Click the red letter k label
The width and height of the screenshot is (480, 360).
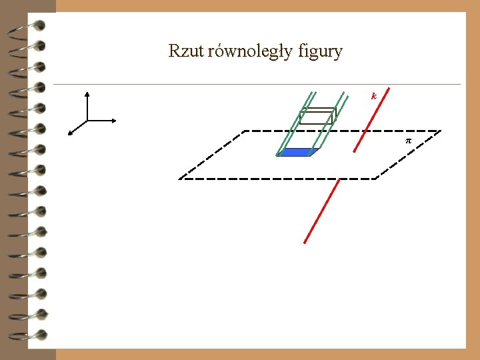[374, 96]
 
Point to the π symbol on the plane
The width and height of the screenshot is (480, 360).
[409, 141]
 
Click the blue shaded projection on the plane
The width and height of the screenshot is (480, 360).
[296, 152]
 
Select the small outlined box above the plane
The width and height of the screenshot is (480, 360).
[317, 116]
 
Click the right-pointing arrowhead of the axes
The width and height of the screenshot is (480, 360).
[115, 121]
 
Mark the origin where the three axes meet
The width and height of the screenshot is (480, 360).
[87, 121]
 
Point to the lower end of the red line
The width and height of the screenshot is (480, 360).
[305, 242]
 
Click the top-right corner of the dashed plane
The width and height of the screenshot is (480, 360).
[441, 131]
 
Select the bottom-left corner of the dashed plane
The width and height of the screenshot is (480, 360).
[179, 179]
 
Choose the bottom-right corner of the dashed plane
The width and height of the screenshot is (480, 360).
[376, 179]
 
